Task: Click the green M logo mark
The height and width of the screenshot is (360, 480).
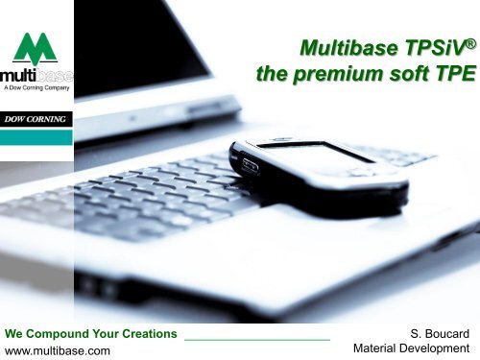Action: (36, 47)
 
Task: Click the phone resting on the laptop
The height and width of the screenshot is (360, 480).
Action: (318, 163)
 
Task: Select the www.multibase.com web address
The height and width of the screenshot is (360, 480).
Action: (58, 350)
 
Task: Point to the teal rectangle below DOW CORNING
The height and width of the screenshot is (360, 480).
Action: (36, 136)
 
